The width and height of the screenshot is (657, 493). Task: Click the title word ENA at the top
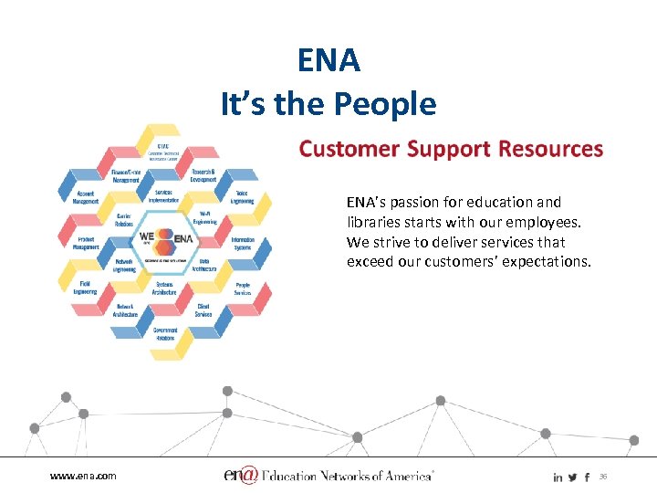pos(328,61)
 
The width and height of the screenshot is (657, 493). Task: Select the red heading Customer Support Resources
pos(451,149)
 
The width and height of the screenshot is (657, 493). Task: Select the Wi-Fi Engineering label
pos(204,216)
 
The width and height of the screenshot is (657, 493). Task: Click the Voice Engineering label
pos(243,195)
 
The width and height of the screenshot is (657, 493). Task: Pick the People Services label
pos(243,288)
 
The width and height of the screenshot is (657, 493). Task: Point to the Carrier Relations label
pos(125,218)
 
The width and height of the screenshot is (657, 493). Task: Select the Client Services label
pos(203,310)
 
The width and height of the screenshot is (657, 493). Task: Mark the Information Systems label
pos(243,243)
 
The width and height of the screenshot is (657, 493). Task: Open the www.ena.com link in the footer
pos(83,477)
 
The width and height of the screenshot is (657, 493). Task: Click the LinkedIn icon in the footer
pos(558,477)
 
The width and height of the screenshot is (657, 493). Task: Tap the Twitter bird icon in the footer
pos(572,477)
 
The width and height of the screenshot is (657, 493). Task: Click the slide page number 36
pos(603,477)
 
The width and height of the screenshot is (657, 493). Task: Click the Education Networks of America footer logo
pos(328,476)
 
